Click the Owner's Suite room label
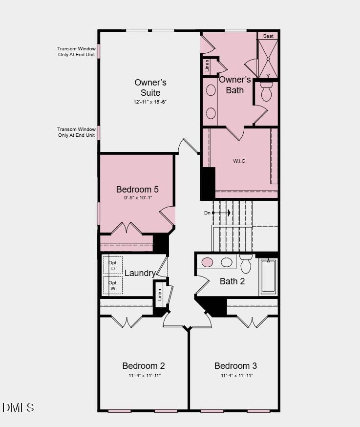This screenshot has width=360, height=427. coord(150,87)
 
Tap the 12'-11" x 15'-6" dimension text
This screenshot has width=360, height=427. coord(150,102)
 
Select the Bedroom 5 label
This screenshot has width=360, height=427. coord(137,189)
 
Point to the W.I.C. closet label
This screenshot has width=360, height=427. coord(239,161)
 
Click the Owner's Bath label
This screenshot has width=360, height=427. coord(235,85)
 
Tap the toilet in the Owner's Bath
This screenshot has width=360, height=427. coord(266,92)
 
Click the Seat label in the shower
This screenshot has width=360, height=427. coord(268,36)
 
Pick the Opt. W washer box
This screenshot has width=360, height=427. coord(113,285)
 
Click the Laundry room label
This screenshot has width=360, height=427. coord(140,273)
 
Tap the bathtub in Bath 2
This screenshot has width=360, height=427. coord(268,277)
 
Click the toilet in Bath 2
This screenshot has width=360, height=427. coord(246,264)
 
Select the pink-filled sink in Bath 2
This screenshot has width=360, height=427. coord(208,262)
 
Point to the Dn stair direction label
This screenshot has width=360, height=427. coord(207,213)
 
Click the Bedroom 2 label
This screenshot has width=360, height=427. coord(144,365)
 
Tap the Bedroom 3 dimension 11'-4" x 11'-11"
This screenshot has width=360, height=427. coord(236,376)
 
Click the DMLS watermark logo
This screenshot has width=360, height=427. coord(18,407)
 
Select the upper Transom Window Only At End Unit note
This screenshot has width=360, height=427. coord(76,51)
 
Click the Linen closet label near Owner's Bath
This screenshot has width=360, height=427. coord(207,66)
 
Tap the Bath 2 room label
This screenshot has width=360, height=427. coord(232,281)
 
